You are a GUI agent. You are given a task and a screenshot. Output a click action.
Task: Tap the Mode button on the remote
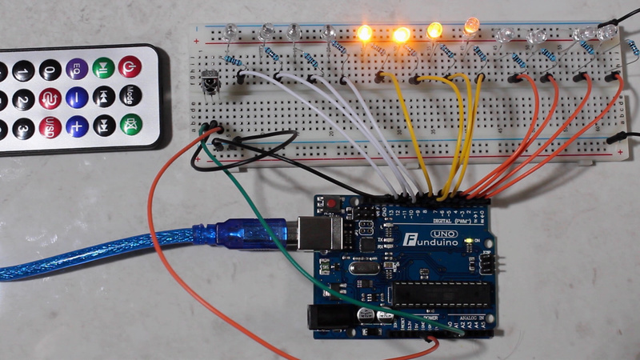coord(130,97)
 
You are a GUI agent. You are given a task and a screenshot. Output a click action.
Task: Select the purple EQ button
coord(77,69)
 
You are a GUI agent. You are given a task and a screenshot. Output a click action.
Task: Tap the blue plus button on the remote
coord(77,125)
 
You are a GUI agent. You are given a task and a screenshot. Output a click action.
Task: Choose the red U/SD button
coord(50,126)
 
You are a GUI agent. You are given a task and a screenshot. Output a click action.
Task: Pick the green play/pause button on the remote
coord(103,67)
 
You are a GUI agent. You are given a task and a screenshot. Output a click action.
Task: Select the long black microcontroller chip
coord(439,294)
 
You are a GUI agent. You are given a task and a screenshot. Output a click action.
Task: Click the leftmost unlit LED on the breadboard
coord(231,32)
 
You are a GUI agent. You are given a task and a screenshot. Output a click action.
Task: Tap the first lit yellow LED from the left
coord(364,34)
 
